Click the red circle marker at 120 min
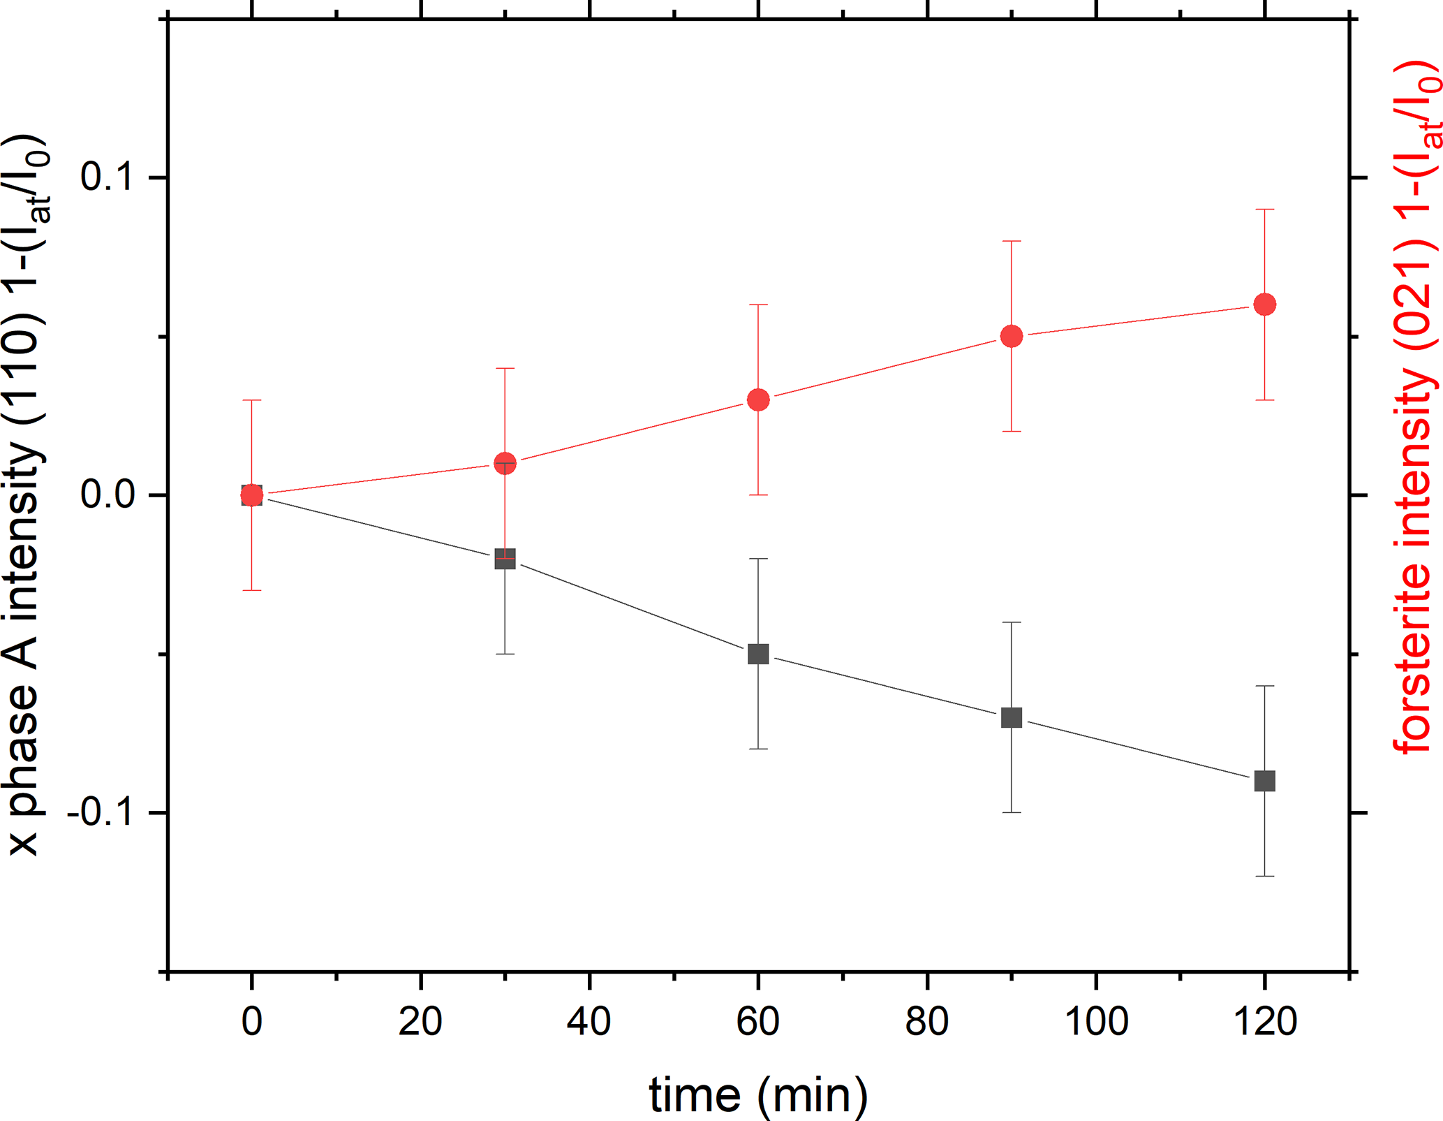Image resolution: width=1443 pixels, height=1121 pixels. click(x=1264, y=305)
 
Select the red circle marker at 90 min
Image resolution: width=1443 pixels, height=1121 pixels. click(x=1012, y=337)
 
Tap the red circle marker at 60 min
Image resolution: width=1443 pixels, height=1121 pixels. click(x=758, y=400)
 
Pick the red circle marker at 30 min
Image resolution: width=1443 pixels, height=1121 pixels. click(x=505, y=463)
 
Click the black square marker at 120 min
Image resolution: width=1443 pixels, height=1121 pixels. click(x=1264, y=781)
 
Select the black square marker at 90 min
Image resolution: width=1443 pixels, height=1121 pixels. click(x=1012, y=717)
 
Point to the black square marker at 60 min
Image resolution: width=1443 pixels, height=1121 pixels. click(x=758, y=654)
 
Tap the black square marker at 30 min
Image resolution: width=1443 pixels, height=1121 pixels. click(x=505, y=559)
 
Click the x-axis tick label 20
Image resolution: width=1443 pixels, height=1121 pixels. click(x=420, y=1022)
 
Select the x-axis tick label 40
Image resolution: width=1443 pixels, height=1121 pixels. click(x=589, y=1022)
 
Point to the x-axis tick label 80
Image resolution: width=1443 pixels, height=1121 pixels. click(x=927, y=1022)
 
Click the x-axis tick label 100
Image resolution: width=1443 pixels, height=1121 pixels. click(x=1096, y=1022)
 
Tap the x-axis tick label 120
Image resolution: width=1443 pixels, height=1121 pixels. click(x=1265, y=1022)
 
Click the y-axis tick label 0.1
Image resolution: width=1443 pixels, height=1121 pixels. click(x=106, y=176)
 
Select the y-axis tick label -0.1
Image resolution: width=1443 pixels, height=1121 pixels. click(x=99, y=812)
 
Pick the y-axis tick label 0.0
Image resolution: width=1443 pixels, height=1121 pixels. click(x=106, y=494)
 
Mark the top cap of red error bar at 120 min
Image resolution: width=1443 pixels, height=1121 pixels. click(x=1264, y=210)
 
